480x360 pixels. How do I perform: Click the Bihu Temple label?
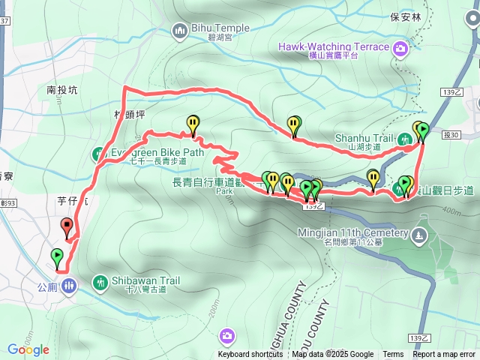221,28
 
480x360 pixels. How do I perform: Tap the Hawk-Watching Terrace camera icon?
401,47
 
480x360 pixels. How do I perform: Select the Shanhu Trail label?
364,138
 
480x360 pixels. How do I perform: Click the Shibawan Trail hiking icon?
100,282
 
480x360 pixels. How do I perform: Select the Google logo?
28,349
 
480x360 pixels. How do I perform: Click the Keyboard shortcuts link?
250,355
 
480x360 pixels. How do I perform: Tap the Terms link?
393,355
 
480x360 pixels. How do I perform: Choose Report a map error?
444,355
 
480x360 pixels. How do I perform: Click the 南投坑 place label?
61,90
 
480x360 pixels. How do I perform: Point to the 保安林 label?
406,15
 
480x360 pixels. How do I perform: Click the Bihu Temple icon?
179,31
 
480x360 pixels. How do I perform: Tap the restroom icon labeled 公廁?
68,286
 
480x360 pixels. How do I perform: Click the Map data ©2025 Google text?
333,355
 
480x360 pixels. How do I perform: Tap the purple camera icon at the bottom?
226,334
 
